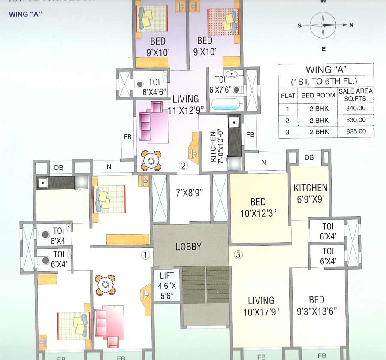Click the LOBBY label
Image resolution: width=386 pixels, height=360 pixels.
(188, 247)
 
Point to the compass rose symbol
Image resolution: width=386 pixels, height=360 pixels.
(323, 25)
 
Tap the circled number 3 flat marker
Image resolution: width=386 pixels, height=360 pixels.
(238, 255)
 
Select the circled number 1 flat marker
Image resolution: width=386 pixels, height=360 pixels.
(146, 255)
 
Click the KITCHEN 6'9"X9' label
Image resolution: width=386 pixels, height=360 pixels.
(310, 192)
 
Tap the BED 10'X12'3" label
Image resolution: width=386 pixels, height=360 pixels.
(258, 206)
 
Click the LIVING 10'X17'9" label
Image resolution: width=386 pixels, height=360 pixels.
(261, 306)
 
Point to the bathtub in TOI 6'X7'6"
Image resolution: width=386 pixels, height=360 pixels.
(226, 104)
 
